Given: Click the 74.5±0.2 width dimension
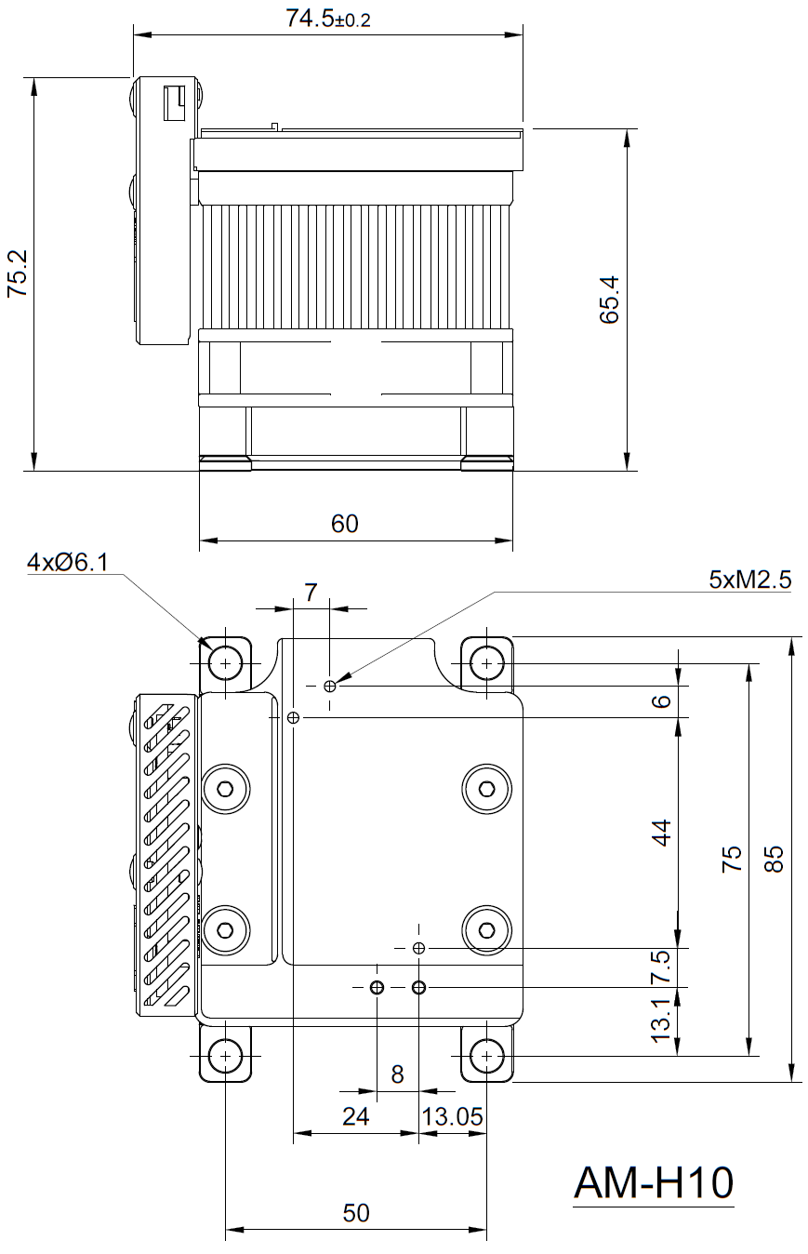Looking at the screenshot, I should click(327, 19).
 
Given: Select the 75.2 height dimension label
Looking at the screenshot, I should click(18, 273).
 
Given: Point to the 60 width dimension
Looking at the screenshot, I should click(344, 524).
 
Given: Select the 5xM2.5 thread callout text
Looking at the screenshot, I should click(749, 580).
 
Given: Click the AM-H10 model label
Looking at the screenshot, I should click(654, 1183).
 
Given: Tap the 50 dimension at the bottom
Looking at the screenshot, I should click(356, 1213).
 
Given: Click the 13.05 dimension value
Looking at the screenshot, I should click(453, 1116).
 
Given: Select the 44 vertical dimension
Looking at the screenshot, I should click(661, 833).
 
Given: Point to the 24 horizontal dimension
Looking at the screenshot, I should click(356, 1116).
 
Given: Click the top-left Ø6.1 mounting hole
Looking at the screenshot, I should click(225, 663).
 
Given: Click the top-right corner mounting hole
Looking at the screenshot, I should click(486, 663).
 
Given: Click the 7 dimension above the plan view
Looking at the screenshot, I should click(311, 591).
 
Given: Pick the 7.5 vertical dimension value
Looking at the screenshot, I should click(661, 967).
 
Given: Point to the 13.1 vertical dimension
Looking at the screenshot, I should click(661, 1021).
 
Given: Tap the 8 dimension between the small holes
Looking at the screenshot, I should click(397, 1074).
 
